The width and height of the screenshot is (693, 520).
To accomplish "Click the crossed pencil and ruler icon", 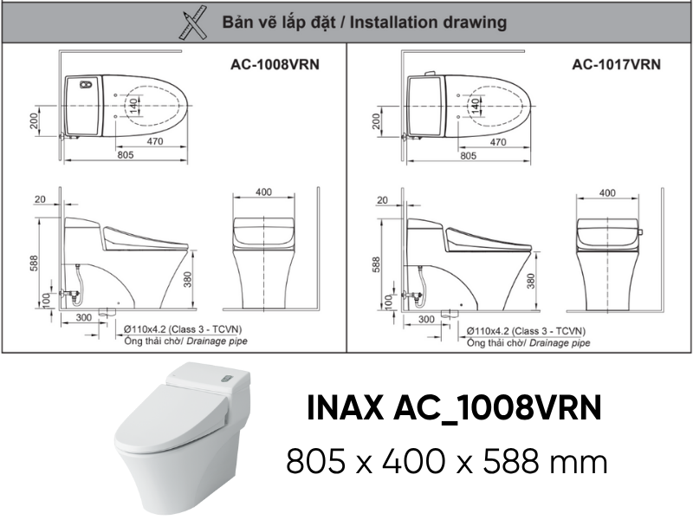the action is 193,23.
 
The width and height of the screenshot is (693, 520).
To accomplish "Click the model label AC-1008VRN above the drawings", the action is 275,64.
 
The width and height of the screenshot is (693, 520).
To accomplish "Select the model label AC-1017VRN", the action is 616,64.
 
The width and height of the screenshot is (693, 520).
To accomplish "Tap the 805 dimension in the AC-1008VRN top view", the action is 126,155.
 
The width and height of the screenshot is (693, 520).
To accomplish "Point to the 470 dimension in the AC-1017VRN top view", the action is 498,142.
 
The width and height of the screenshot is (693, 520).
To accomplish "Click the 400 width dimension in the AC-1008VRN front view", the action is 263,192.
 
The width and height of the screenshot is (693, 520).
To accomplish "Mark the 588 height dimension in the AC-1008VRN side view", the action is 34,263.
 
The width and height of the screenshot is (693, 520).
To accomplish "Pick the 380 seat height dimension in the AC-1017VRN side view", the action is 531,281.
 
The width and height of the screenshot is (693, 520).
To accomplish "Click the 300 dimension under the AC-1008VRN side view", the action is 83,317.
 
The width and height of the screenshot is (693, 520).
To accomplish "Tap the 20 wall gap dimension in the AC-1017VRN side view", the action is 382,200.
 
